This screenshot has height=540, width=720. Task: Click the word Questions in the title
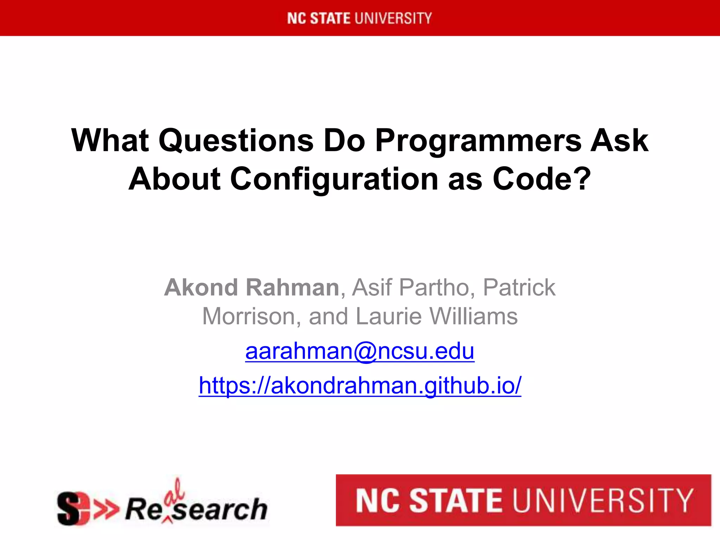point(236,141)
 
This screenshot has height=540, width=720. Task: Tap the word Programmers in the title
point(478,141)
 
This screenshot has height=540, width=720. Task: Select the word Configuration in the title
point(334,179)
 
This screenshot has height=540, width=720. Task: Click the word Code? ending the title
point(542,179)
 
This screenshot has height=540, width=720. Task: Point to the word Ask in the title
point(619,141)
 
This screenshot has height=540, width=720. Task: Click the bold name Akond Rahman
point(252,288)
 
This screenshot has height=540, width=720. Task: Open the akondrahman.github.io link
point(360,385)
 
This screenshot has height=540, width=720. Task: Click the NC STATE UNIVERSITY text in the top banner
point(359,18)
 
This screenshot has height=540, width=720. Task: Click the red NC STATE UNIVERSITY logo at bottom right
point(523,500)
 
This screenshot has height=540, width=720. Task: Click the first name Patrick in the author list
point(519,288)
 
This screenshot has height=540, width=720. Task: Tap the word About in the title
point(175,179)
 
